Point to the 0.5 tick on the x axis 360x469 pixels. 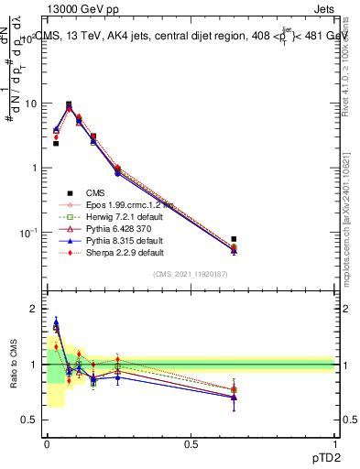(191, 442)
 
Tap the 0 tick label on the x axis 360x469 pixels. (47, 442)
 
